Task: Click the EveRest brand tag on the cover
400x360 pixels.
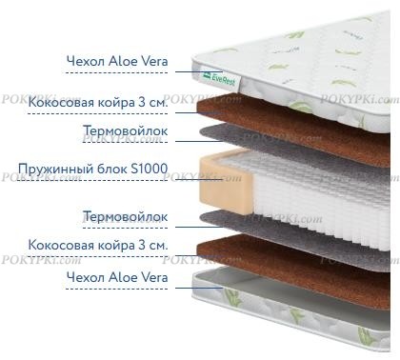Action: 220,79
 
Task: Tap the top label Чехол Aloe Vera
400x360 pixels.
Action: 117,61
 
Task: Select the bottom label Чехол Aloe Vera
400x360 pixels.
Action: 117,277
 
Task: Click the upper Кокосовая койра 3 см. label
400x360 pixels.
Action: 98,102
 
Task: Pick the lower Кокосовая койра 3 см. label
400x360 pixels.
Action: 98,245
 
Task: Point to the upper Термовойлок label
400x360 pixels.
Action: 126,130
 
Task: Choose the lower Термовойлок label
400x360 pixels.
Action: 126,217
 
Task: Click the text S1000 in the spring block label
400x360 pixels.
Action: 150,169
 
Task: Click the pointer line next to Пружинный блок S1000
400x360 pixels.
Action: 199,180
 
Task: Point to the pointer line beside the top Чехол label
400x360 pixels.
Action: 199,72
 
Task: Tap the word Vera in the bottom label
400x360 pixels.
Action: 154,277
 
